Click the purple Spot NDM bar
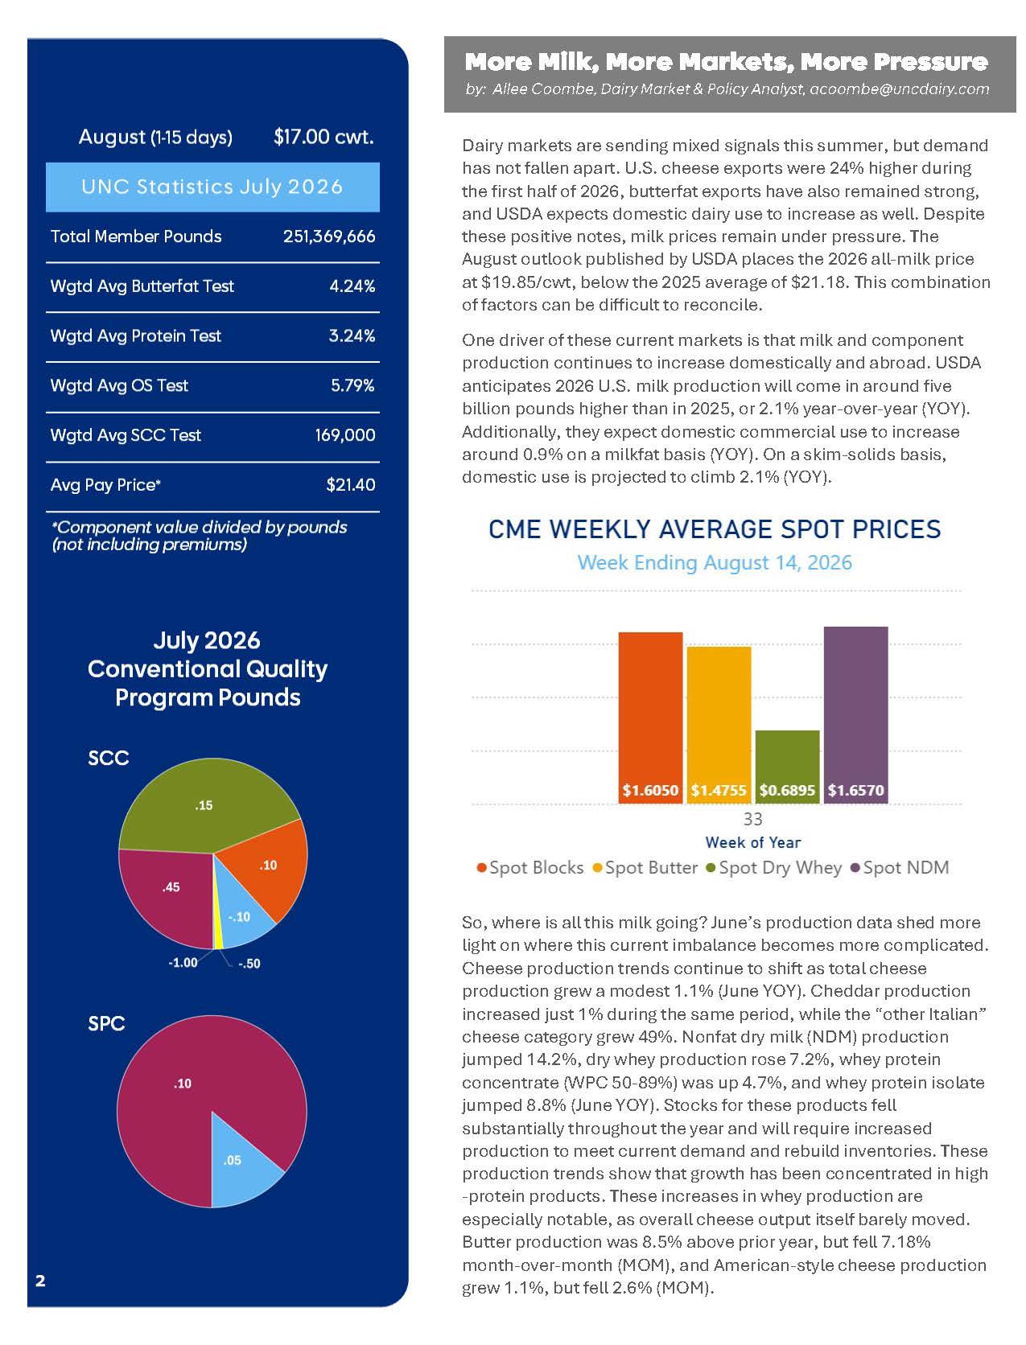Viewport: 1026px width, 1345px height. point(855,714)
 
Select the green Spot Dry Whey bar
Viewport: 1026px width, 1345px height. point(787,766)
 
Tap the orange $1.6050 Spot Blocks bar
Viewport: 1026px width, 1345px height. point(650,717)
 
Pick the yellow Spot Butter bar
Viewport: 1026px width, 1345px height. point(719,724)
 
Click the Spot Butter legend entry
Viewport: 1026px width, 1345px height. point(645,868)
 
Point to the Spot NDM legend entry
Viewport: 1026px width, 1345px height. point(900,868)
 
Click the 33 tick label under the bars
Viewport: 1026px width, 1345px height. point(752,819)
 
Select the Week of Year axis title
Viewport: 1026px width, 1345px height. point(752,842)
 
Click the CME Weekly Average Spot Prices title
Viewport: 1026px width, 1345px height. point(715,529)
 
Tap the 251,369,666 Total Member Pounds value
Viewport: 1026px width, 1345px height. point(329,237)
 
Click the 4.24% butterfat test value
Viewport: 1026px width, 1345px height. point(352,286)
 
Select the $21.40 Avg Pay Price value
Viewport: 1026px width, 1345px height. point(351,485)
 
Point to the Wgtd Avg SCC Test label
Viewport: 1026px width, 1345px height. point(126,435)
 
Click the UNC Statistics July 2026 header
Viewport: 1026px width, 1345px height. point(212,187)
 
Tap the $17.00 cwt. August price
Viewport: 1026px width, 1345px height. point(323,137)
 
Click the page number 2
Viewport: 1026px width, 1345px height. point(40,1280)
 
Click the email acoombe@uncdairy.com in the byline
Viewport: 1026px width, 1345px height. point(899,88)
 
